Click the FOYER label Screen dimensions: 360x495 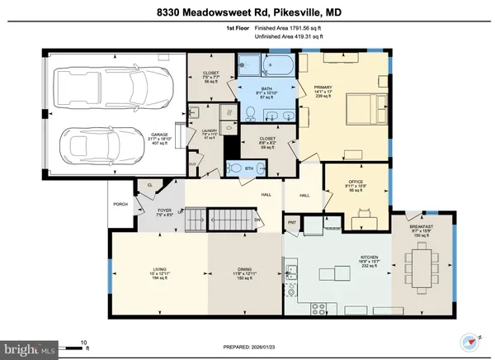pyautogui.click(x=165, y=211)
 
